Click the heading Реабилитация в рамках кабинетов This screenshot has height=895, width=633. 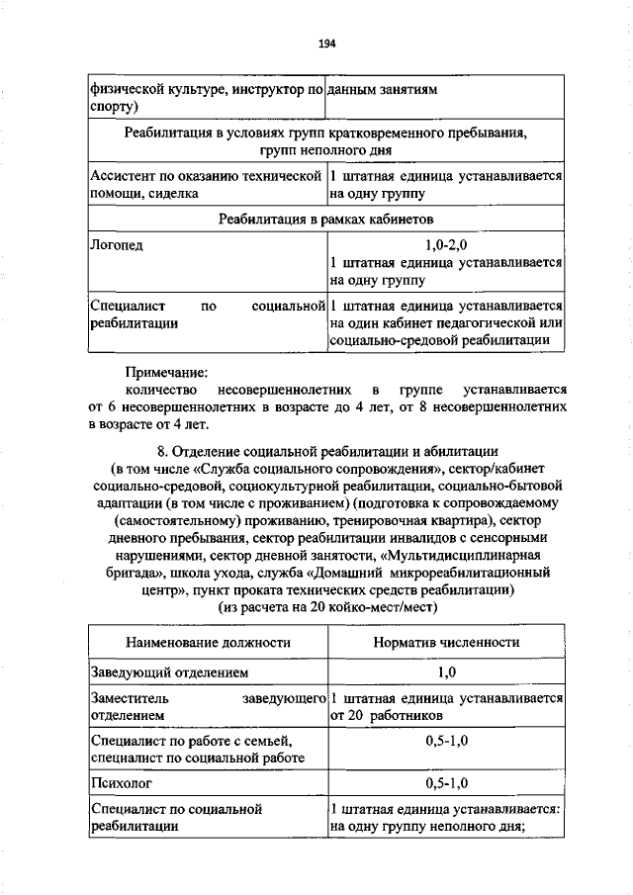tap(326, 218)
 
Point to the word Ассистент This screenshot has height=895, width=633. tap(122, 175)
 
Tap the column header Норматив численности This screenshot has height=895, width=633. tap(446, 642)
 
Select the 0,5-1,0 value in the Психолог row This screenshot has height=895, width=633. tap(446, 783)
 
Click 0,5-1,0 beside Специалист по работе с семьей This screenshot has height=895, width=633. tap(446, 740)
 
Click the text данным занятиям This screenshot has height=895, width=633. tap(384, 89)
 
